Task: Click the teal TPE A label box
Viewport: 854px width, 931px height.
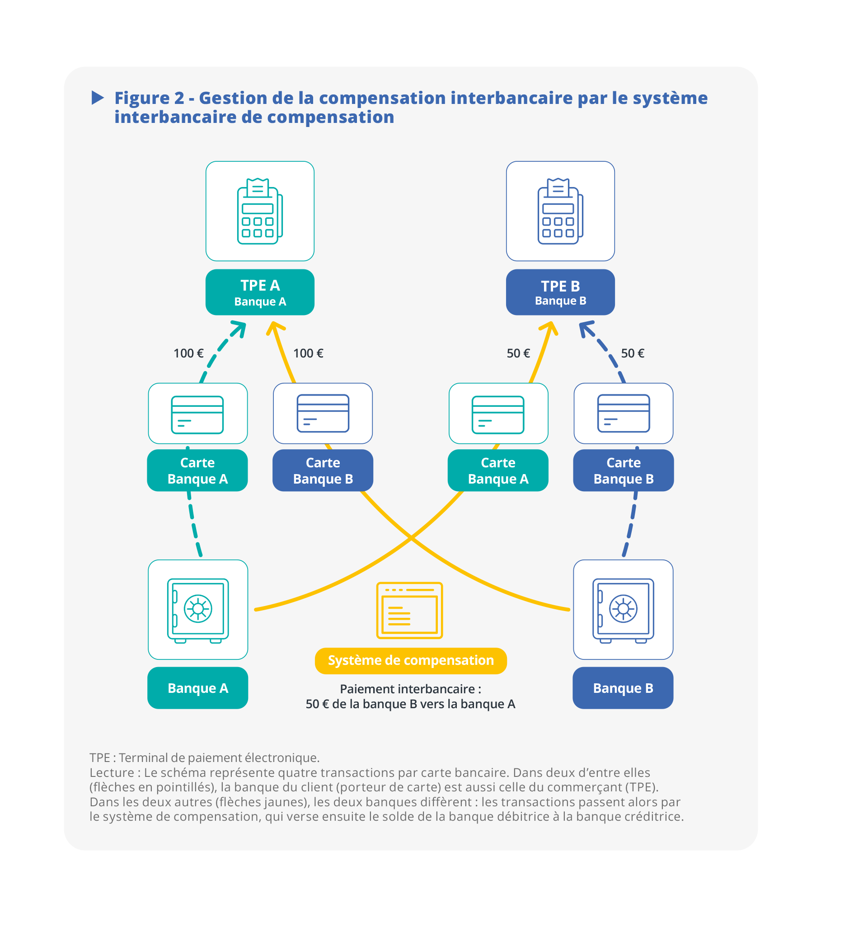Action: (260, 292)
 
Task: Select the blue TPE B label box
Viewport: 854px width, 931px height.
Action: (560, 292)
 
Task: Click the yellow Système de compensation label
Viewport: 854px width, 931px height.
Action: (410, 661)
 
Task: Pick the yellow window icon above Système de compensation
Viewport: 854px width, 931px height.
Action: (409, 610)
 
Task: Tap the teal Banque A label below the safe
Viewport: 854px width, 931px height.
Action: (198, 688)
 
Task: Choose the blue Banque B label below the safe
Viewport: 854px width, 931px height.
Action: (623, 688)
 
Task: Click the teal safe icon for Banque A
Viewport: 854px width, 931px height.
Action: (198, 610)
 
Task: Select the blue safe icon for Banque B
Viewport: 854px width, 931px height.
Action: (623, 610)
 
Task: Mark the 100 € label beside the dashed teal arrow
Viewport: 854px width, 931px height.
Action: (188, 353)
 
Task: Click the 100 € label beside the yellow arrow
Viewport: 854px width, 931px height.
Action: (308, 353)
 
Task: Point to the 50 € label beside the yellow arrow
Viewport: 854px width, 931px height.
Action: (518, 353)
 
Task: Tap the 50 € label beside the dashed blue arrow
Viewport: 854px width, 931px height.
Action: (632, 353)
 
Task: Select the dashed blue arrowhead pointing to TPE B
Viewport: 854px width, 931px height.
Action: (586, 329)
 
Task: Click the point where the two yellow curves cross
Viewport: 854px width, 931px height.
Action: (411, 538)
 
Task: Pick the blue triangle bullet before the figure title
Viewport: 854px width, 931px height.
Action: (98, 98)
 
